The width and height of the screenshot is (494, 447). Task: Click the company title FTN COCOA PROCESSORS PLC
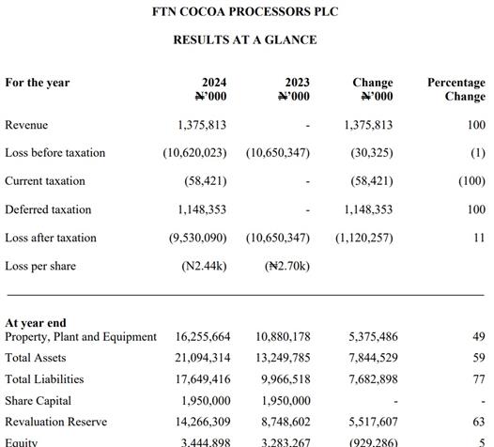(x=245, y=11)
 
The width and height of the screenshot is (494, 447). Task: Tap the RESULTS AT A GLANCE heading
(x=245, y=40)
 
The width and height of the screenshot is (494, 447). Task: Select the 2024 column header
(x=210, y=89)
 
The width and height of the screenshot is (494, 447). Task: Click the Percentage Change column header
(x=456, y=89)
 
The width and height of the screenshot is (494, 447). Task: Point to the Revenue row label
(x=26, y=125)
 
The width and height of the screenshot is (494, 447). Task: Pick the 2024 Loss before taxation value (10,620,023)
(x=194, y=153)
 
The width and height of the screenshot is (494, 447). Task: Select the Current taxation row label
(x=45, y=181)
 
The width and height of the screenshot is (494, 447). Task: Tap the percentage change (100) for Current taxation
(x=471, y=181)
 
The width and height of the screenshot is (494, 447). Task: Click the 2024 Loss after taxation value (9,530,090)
(x=197, y=238)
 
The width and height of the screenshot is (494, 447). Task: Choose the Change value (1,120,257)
(x=364, y=238)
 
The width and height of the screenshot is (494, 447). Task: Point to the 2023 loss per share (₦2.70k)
(x=287, y=266)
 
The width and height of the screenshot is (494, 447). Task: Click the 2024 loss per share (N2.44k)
(x=204, y=266)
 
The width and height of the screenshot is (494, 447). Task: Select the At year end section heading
(x=36, y=323)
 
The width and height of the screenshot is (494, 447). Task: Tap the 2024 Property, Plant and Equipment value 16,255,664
(x=203, y=337)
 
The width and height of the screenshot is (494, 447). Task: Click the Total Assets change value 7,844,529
(x=373, y=358)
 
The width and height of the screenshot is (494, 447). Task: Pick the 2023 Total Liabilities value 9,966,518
(x=286, y=379)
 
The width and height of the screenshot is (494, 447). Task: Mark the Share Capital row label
(x=39, y=401)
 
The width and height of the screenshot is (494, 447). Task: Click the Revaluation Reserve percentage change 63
(x=479, y=422)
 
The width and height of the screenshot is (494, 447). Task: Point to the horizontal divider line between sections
(x=245, y=295)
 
